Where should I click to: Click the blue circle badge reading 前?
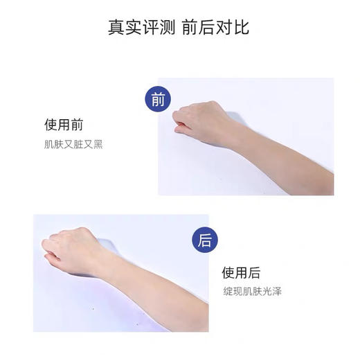[x=159, y=99]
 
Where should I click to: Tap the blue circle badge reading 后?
[x=205, y=240]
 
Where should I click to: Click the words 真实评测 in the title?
[x=141, y=28]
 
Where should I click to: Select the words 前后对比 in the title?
[x=215, y=28]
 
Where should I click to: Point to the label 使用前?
[x=64, y=125]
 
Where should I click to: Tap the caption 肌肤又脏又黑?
[x=73, y=145]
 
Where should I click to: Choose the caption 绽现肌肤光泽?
[x=252, y=291]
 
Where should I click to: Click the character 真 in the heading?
[x=116, y=28]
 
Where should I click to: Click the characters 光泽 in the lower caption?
[x=271, y=291]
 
